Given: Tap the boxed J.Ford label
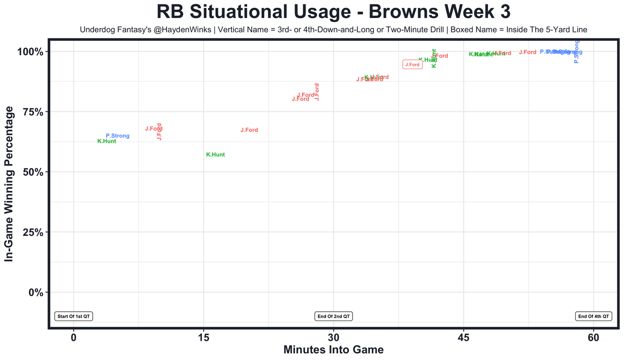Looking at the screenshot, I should click(x=412, y=65).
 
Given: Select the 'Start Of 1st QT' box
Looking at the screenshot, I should click(x=74, y=316).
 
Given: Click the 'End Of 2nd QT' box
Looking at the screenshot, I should click(x=334, y=316).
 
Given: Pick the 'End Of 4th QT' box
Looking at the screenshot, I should click(x=593, y=316).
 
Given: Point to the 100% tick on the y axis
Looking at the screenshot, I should click(x=33, y=52).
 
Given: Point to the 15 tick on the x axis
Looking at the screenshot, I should click(x=203, y=337).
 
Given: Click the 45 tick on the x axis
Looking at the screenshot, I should click(x=464, y=337).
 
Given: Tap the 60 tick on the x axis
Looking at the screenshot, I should click(x=593, y=337).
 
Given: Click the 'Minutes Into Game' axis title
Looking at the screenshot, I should click(x=333, y=350).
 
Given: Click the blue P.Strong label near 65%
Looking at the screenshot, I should click(x=117, y=136).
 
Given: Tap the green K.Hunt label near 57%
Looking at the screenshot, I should click(x=215, y=154).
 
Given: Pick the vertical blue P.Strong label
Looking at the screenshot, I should click(x=576, y=52).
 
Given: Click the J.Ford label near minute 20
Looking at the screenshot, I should click(x=249, y=130).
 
